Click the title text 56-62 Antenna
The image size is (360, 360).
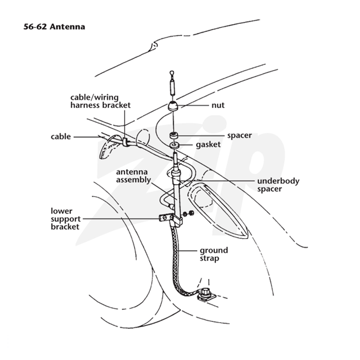point(54,27)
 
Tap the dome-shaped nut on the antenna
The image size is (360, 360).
point(173,106)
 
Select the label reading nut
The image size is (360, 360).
point(218,105)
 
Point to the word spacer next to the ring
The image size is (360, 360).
point(239,136)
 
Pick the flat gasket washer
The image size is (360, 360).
point(175,145)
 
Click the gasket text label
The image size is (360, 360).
point(208,145)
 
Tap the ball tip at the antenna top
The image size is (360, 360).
point(172,73)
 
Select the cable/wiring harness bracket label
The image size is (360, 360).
point(100,101)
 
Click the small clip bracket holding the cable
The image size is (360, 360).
point(125,142)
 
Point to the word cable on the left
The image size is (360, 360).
point(61,137)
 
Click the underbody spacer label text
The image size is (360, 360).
point(278,185)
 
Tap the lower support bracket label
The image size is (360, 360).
point(65,219)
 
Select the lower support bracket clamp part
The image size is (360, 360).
point(171,219)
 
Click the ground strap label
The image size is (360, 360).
point(214,254)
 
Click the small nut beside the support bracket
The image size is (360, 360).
point(189,213)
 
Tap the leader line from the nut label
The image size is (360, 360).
point(195,106)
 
